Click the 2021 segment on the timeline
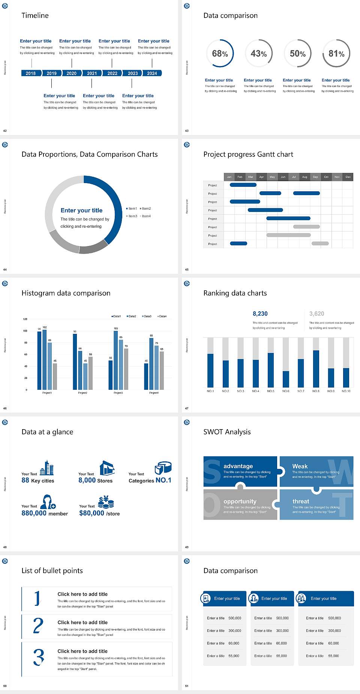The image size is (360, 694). (92, 73)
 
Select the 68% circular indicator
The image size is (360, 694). (220, 54)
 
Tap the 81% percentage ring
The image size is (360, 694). (336, 54)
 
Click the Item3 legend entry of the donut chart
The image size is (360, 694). (132, 216)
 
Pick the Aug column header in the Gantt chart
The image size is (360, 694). (304, 177)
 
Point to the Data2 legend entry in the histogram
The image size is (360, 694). (131, 316)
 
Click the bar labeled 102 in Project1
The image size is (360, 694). (45, 358)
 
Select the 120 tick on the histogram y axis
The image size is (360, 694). (25, 319)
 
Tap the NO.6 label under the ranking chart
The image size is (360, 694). (286, 391)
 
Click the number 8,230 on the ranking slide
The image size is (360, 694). (260, 314)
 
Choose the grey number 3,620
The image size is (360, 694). (316, 314)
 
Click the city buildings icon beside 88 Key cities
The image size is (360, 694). (46, 468)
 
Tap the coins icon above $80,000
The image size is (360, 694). (106, 502)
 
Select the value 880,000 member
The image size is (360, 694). (44, 513)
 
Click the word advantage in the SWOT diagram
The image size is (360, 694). (238, 466)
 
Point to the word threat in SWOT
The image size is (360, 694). (301, 501)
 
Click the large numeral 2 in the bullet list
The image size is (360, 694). (38, 626)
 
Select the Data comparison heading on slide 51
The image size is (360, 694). (230, 571)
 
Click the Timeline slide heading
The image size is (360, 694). (35, 15)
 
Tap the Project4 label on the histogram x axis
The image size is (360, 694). (154, 393)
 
